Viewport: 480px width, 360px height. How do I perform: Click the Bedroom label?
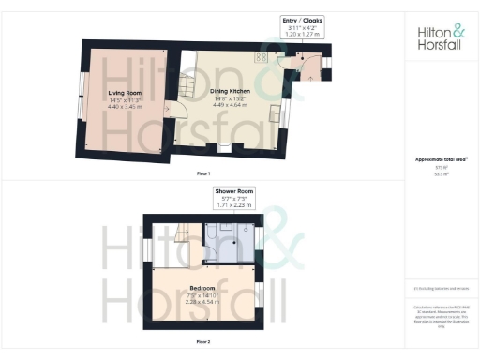[x=202, y=288]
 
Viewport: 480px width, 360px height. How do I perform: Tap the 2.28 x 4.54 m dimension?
[x=202, y=301]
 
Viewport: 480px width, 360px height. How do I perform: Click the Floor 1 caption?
[x=202, y=174]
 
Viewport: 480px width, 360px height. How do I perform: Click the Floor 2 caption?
[x=202, y=343]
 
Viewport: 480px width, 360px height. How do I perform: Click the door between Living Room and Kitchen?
[x=170, y=111]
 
